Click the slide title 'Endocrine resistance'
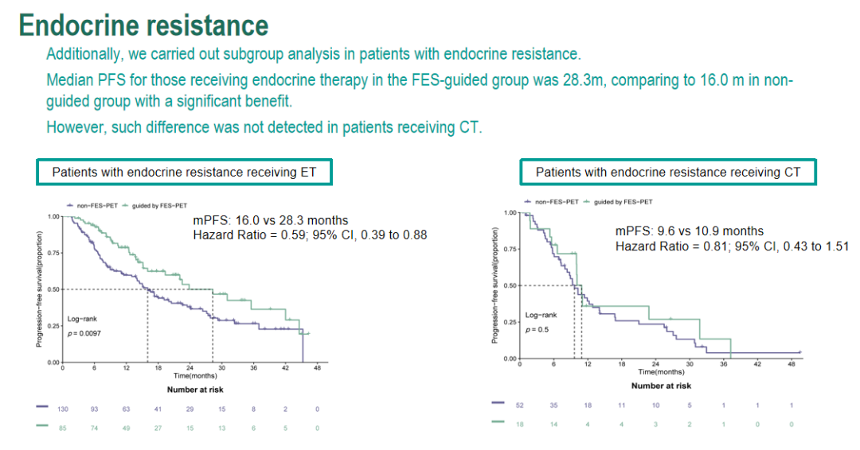point(144,25)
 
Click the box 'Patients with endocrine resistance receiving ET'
point(184,172)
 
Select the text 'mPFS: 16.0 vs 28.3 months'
point(271,220)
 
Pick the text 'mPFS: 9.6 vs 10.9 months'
point(690,231)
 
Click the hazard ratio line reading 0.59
point(311,235)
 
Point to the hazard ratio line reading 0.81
point(731,246)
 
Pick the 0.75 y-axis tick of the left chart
point(53,253)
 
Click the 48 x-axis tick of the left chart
point(317,368)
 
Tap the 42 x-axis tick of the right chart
point(757,364)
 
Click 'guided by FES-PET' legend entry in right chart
point(625,202)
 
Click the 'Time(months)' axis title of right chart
point(661,371)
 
